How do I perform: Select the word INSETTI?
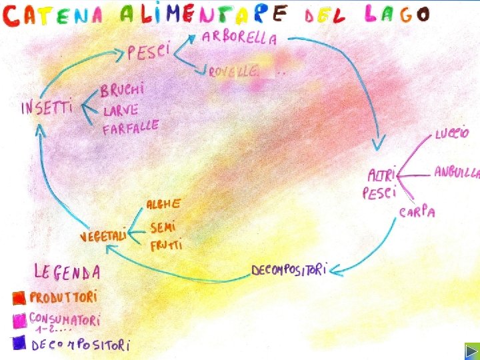click(x=47, y=108)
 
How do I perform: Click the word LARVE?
click(x=121, y=109)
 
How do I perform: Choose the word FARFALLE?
click(x=131, y=127)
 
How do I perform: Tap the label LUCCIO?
click(x=452, y=134)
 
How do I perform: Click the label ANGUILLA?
click(x=457, y=172)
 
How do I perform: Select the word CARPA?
click(x=418, y=212)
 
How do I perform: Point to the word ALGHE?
click(x=163, y=202)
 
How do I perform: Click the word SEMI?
click(x=164, y=227)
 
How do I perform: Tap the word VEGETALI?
click(x=103, y=236)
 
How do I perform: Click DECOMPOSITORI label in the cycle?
click(x=289, y=270)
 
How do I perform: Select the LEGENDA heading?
click(x=68, y=271)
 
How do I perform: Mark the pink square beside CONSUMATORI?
click(x=19, y=320)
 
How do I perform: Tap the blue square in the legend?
click(x=19, y=343)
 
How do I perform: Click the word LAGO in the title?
click(x=398, y=14)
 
